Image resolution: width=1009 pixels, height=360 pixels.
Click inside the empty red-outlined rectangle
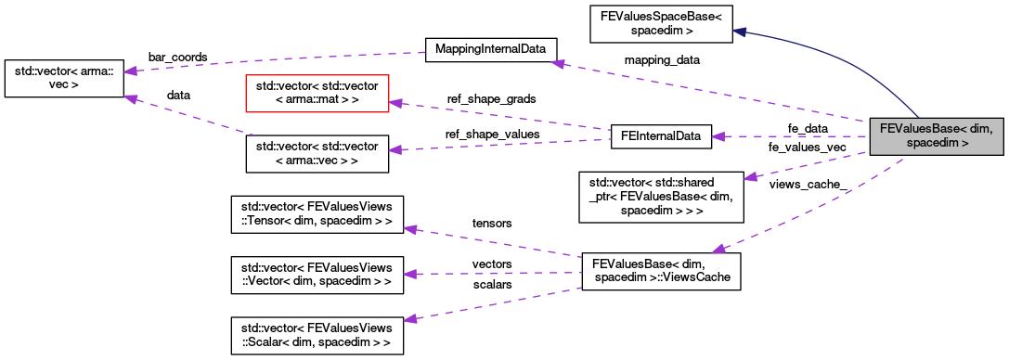(x=317, y=94)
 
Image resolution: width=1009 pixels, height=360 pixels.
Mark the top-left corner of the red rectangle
(x=246, y=75)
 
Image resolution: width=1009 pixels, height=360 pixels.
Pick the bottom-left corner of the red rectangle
(x=246, y=111)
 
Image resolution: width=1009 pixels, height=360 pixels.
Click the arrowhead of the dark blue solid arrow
(x=740, y=32)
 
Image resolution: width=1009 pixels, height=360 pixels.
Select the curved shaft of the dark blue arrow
(x=854, y=60)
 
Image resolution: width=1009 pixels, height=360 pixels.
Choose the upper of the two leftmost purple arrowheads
(x=131, y=71)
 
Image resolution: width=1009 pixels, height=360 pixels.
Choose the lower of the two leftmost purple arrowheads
(x=131, y=97)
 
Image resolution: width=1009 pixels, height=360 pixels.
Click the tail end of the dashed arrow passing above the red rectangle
(x=424, y=52)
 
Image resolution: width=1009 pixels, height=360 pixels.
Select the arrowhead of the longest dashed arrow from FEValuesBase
(x=557, y=63)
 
